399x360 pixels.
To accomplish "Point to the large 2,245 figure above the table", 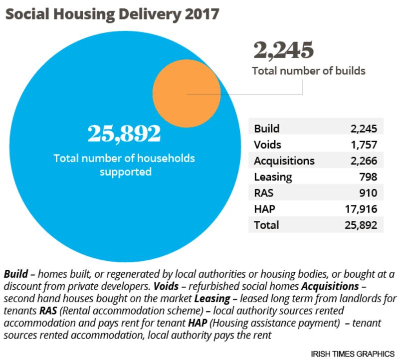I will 284,50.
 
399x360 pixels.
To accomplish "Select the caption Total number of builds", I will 309,71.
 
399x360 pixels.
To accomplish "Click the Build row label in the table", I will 267,129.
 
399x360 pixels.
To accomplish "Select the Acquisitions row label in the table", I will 284,161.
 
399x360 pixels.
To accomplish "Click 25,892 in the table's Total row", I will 356,225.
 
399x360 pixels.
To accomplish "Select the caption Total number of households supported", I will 124,166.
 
